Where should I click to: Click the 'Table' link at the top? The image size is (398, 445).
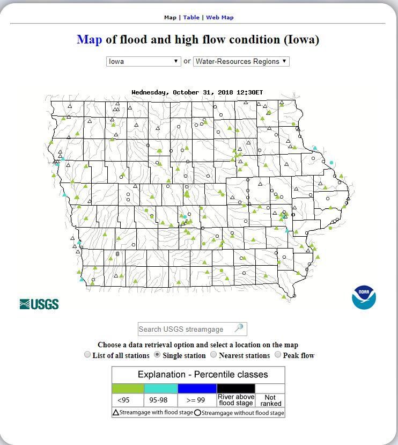(191, 18)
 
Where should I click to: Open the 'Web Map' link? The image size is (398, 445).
(220, 18)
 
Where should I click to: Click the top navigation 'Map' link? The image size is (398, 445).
(170, 18)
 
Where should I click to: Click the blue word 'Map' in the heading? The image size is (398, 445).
(89, 40)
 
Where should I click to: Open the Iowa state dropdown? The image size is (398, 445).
(143, 61)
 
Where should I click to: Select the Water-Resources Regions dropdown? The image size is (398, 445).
(241, 61)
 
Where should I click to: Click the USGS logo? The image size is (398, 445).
(39, 304)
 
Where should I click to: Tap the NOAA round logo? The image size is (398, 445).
(364, 297)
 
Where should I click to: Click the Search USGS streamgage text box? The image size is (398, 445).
(185, 329)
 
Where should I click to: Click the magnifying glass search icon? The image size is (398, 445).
(239, 328)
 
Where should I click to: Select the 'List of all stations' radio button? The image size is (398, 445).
(87, 355)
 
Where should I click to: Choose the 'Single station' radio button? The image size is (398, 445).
(157, 355)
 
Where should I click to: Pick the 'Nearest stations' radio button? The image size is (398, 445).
(213, 355)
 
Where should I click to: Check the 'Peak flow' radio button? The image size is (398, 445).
(278, 355)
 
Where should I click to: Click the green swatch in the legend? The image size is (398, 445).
(128, 388)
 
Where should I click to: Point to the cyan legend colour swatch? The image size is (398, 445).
(161, 388)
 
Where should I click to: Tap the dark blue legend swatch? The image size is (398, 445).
(197, 388)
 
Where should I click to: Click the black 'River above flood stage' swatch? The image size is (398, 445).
(236, 388)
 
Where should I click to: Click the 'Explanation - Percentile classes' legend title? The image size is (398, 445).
(198, 375)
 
